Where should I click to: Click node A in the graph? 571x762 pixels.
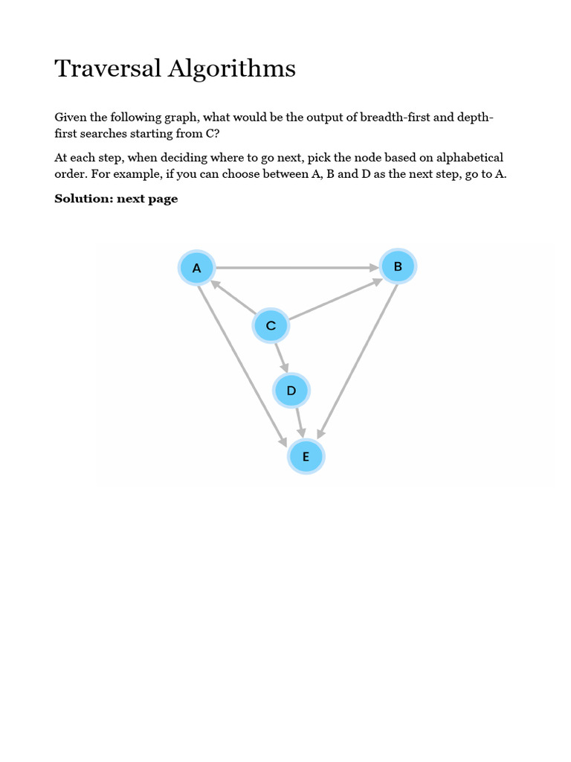click(x=196, y=268)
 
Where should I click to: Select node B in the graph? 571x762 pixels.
click(x=398, y=266)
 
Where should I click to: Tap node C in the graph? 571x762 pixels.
click(x=271, y=326)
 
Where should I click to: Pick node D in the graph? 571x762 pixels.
click(x=291, y=391)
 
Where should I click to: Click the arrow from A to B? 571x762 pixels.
click(x=297, y=267)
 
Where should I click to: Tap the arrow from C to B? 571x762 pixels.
click(x=335, y=300)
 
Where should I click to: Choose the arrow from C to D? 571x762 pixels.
click(x=280, y=357)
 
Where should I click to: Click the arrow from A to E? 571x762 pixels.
click(x=242, y=365)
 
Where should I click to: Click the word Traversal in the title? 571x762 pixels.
click(x=108, y=68)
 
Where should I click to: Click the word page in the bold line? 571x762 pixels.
click(x=163, y=199)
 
